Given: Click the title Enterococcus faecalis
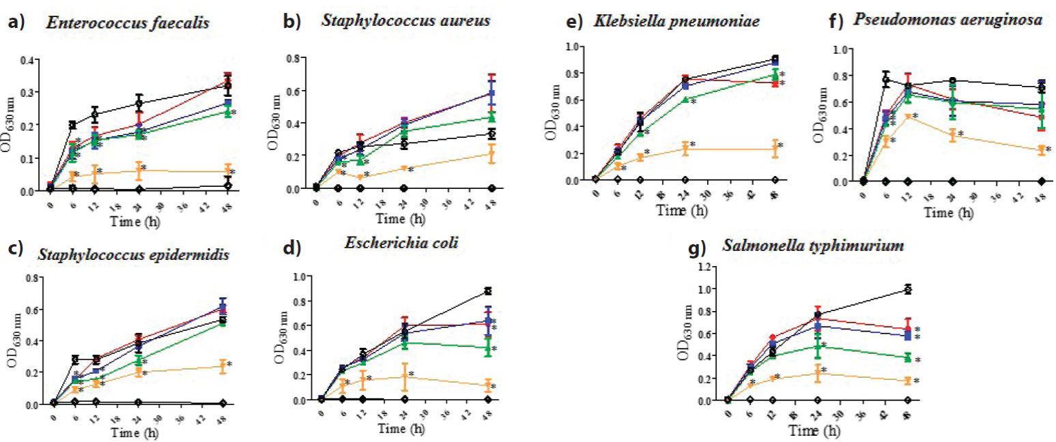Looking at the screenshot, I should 128,23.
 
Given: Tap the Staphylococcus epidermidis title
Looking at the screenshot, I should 132,255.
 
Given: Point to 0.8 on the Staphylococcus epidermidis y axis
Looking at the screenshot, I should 31,278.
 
